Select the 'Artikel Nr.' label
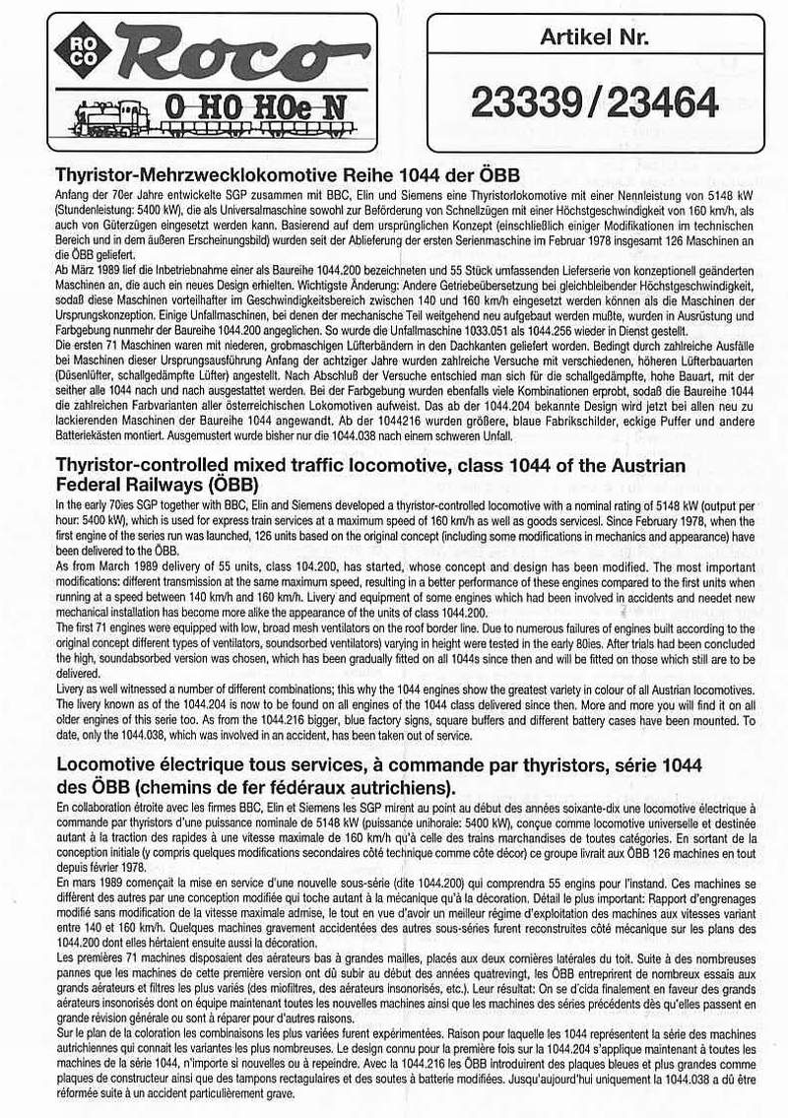click(x=594, y=38)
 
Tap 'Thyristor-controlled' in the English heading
click(x=156, y=465)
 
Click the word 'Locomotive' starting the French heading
click(x=111, y=764)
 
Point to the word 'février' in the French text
click(x=93, y=867)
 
